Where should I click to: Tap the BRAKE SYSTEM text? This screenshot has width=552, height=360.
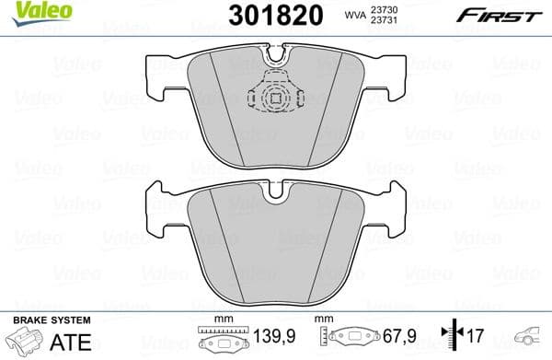(52, 319)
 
